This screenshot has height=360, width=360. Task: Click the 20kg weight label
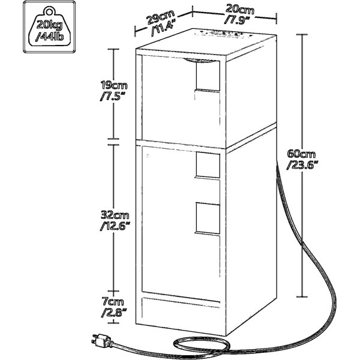click(49, 25)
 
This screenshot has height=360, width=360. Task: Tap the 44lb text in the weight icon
click(50, 37)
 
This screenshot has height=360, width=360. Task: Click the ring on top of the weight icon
click(49, 11)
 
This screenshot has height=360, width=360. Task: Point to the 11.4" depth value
click(163, 28)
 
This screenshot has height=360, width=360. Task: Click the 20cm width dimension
click(239, 10)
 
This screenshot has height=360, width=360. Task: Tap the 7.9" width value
click(238, 20)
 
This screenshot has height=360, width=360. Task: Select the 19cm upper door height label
click(114, 85)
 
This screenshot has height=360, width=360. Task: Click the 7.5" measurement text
click(113, 96)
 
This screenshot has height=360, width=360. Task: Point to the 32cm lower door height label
click(115, 215)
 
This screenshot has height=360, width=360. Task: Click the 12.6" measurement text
click(115, 226)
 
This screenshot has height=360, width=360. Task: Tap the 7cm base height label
click(113, 301)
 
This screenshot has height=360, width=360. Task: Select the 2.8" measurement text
click(114, 313)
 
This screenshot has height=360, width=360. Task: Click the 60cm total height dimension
click(301, 154)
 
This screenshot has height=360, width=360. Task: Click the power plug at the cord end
click(102, 340)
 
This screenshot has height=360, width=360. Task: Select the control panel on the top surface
click(224, 34)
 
